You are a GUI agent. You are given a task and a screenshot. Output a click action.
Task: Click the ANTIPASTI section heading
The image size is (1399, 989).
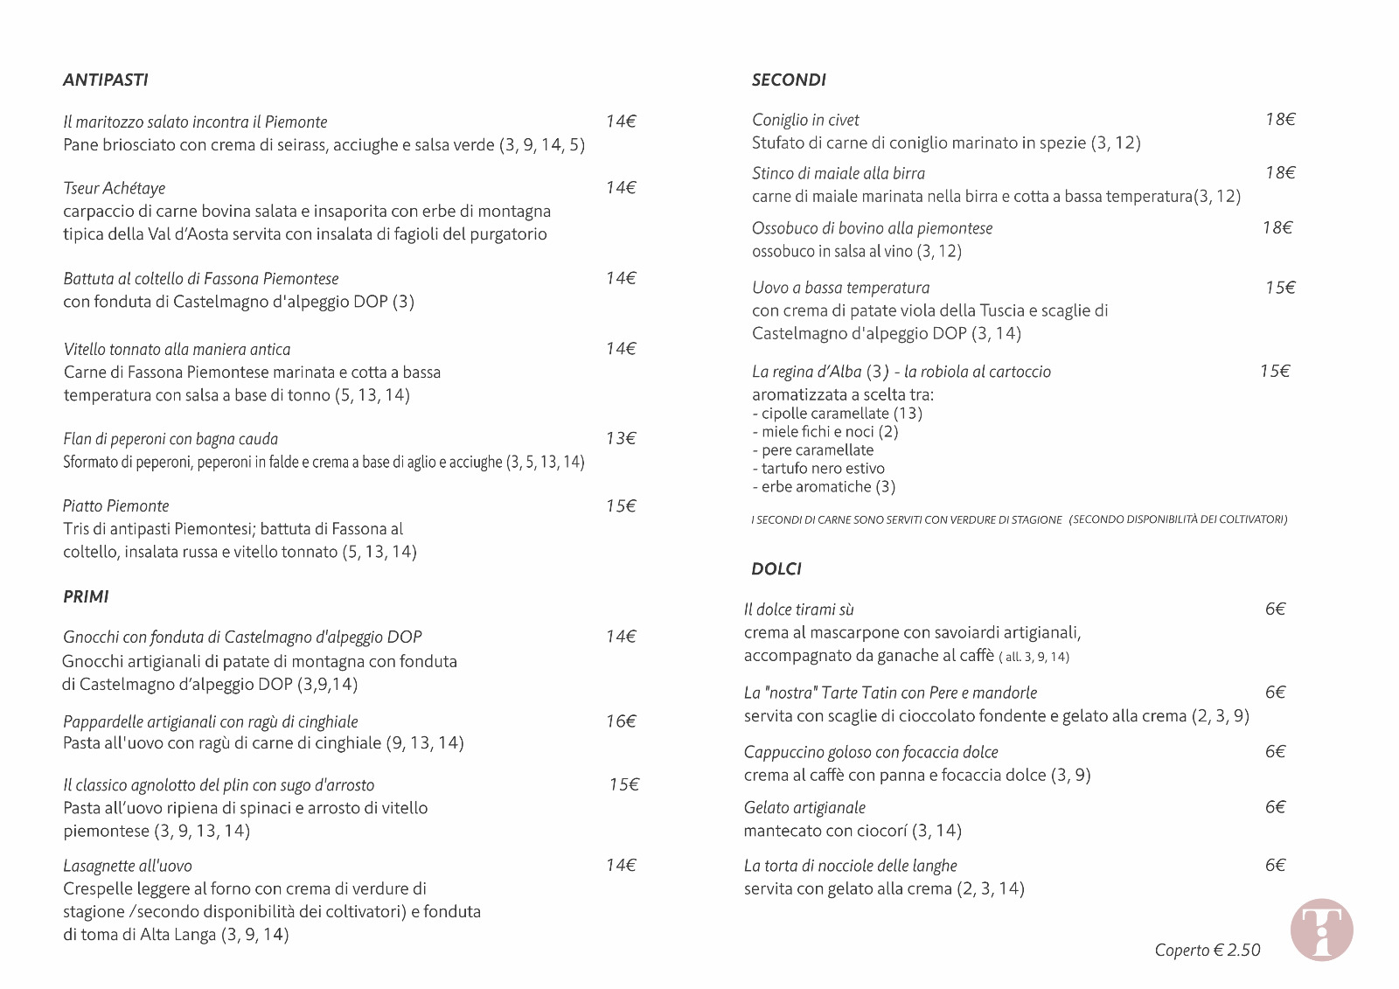pos(106,80)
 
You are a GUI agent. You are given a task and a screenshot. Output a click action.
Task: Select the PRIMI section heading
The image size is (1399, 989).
pos(86,596)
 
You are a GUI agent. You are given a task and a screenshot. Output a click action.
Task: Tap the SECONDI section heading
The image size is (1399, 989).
pos(789,80)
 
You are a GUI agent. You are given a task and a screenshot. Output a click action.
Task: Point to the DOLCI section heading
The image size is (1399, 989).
pos(776,568)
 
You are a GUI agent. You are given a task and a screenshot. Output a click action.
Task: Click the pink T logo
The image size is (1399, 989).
pos(1321,930)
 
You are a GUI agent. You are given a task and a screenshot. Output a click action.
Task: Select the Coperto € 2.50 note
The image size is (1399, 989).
pos(1208,950)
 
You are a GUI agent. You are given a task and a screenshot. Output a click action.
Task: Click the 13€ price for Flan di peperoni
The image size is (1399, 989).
pos(621,438)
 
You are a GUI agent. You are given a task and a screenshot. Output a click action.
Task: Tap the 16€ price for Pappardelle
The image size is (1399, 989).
pos(621,721)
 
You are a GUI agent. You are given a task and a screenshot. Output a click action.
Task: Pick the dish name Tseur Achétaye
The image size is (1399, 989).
pos(114,188)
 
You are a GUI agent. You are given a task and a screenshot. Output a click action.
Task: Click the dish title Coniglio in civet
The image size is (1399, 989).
pos(805,120)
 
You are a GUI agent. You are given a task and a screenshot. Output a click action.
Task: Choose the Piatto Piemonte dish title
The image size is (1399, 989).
pos(115,505)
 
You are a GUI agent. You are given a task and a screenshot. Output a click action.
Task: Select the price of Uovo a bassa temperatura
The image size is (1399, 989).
pos(1280,287)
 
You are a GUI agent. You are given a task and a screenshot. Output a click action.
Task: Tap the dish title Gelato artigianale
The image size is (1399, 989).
pos(804,807)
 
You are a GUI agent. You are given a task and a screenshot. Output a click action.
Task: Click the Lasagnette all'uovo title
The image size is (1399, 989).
pos(128,866)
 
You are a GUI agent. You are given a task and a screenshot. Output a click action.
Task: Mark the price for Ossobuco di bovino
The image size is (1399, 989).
pos(1277,227)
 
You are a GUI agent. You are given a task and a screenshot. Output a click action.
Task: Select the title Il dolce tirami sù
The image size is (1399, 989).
pos(798,609)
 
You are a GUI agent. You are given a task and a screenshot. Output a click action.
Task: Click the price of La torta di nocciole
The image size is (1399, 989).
pos(1275,865)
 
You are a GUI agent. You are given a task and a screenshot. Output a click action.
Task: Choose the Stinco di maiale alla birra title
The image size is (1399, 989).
pos(838,173)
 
